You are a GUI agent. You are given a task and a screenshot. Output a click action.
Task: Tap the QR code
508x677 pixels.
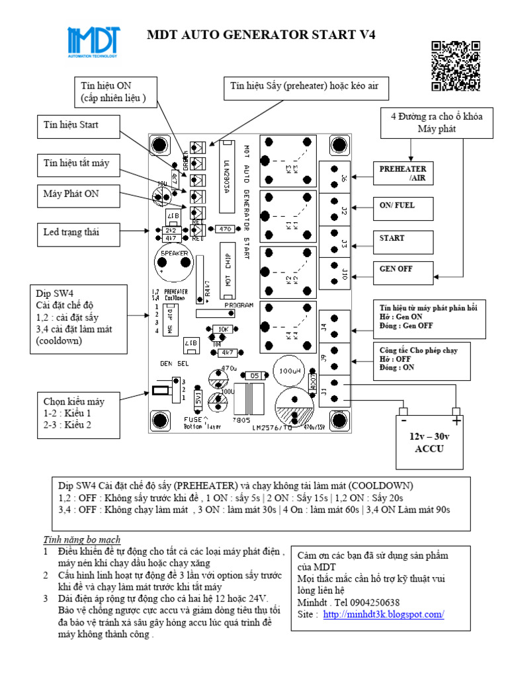pyautogui.click(x=455, y=65)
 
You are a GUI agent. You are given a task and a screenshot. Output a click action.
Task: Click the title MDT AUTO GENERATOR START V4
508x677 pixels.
pyautogui.click(x=261, y=35)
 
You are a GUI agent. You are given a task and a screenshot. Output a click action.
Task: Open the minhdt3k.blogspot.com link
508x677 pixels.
pyautogui.click(x=384, y=614)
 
